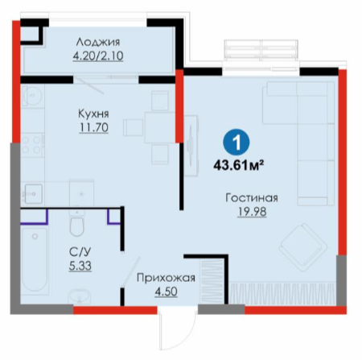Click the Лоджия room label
coord(98,42)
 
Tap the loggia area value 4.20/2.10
coord(98,56)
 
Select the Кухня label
coord(93,114)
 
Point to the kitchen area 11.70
coord(94,127)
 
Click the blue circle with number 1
coord(237,143)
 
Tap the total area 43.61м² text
coord(237,165)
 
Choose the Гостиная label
coord(252,198)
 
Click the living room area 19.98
coord(252,212)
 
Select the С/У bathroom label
coord(80,252)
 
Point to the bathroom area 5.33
coord(80,266)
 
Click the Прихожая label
coord(166,278)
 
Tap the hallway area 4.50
coord(166,292)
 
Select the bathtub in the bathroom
coord(35,259)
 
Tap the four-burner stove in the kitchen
coord(33,145)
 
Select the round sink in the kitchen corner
coord(32,96)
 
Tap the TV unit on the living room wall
coord(191,146)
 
